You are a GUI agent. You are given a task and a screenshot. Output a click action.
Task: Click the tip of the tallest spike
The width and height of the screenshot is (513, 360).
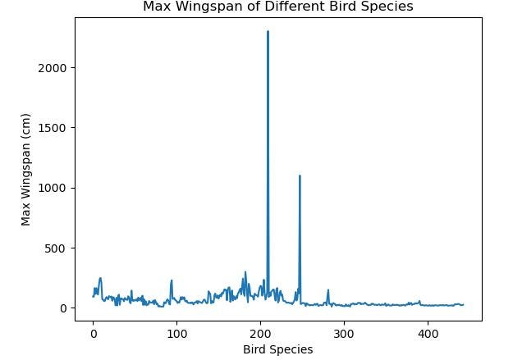(x=268, y=31)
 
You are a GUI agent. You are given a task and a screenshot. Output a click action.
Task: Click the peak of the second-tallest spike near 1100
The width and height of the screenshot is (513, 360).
(x=300, y=175)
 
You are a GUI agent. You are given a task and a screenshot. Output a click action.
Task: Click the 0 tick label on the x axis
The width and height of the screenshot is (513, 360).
(x=94, y=334)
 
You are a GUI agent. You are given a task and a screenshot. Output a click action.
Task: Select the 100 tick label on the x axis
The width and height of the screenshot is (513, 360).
(x=177, y=334)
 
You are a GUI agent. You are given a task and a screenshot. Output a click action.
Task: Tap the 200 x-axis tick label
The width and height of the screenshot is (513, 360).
(x=261, y=334)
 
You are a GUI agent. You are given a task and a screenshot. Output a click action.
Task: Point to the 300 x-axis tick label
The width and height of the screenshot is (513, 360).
(x=345, y=334)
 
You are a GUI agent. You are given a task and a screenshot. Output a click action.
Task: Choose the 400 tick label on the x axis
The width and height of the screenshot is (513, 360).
(x=428, y=334)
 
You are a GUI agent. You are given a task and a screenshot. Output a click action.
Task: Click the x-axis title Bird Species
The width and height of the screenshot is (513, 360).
(x=277, y=349)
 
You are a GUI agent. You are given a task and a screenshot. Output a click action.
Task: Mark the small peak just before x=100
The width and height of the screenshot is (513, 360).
(x=172, y=280)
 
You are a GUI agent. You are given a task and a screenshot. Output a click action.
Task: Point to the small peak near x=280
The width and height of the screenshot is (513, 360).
(x=328, y=289)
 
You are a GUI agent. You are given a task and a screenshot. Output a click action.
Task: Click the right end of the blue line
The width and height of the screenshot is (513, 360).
(x=463, y=305)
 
